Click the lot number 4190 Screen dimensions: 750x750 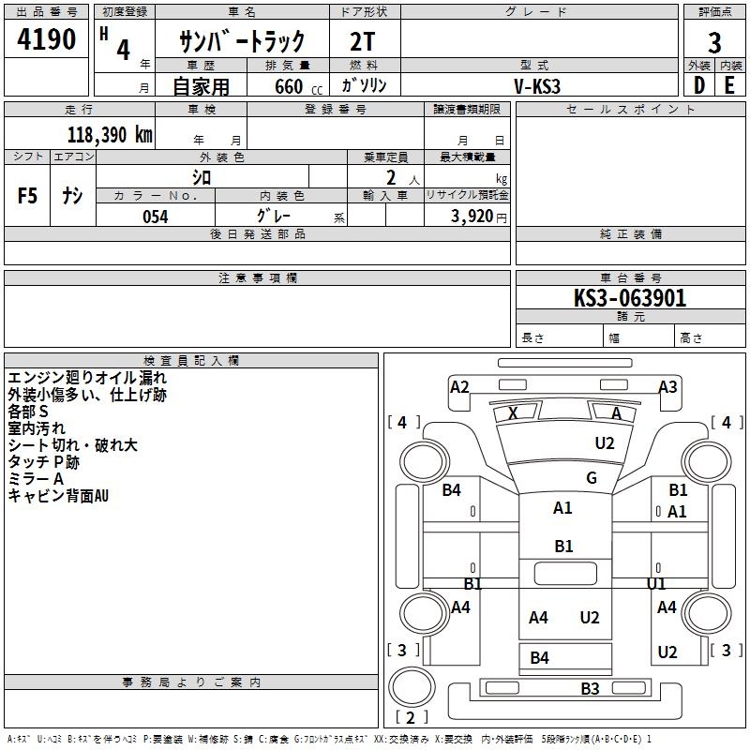[x=47, y=40]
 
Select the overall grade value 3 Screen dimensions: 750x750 [x=714, y=43]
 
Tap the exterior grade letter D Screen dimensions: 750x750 [x=698, y=84]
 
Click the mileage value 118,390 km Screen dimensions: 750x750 [x=110, y=134]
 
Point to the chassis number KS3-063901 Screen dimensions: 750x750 [x=630, y=299]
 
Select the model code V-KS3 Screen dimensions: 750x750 [x=537, y=85]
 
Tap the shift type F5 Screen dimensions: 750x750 [x=28, y=196]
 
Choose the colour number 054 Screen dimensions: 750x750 [x=156, y=217]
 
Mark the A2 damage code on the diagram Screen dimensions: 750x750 [x=459, y=387]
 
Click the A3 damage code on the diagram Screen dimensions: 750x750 [x=667, y=387]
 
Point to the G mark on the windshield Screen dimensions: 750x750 [x=591, y=478]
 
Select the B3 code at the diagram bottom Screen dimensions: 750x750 [x=590, y=689]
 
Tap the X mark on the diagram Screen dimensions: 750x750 [x=512, y=413]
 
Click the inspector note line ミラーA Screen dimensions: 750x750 [x=37, y=479]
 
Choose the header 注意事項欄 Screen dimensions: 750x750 [x=257, y=278]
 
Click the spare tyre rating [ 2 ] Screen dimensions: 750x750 [x=412, y=718]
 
